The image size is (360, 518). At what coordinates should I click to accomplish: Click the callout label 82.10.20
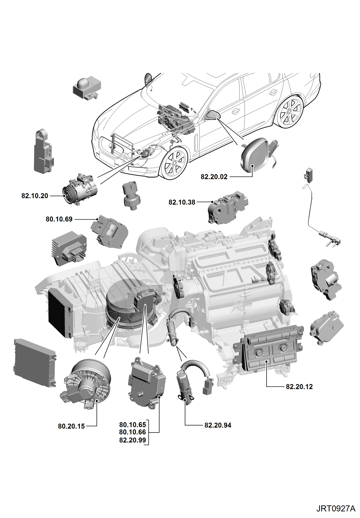tap(35, 196)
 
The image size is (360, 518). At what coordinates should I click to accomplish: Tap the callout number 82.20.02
tap(214, 177)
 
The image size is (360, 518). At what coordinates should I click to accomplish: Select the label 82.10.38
tap(182, 202)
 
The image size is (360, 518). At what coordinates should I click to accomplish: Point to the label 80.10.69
tap(59, 219)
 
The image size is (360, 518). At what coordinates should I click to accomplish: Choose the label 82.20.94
tap(218, 425)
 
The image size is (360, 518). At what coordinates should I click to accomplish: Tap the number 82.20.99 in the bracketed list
tap(133, 440)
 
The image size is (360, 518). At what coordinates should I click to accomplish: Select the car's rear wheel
tap(290, 112)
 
